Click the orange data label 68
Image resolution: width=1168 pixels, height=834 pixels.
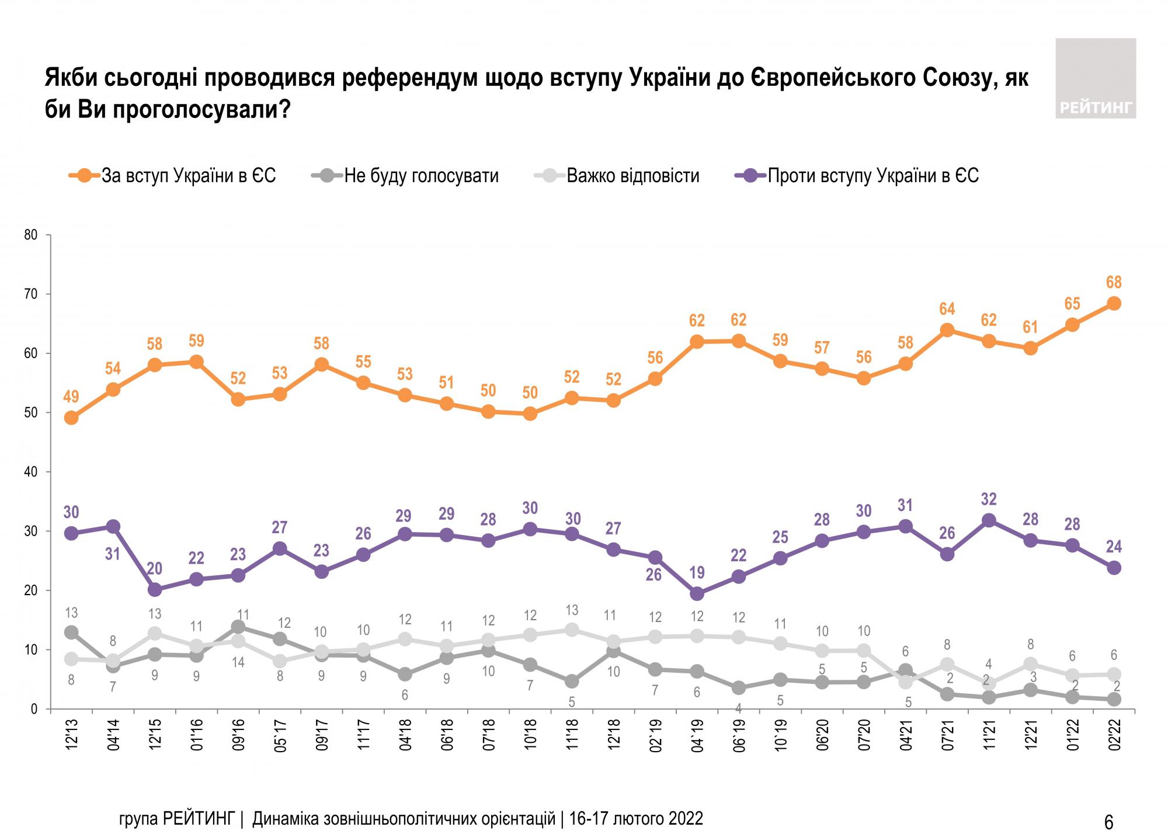coord(1114,283)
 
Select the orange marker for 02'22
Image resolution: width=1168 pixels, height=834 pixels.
coord(1114,303)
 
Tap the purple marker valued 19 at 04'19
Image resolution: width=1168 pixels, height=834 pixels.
coord(697,594)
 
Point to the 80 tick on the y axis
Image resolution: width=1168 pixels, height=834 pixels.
coord(31,235)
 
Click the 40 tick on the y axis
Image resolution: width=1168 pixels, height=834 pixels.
coord(31,472)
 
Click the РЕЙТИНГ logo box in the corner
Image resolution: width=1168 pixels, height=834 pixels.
coord(1096,78)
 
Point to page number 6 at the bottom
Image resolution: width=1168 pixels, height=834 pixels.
coord(1109,822)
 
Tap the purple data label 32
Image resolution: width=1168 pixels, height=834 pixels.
coord(989,499)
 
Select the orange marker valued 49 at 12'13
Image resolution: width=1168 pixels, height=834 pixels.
coord(71,418)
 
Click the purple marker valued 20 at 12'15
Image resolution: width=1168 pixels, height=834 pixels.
coord(155,590)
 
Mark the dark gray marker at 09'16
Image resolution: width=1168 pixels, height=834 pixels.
coord(238,627)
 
